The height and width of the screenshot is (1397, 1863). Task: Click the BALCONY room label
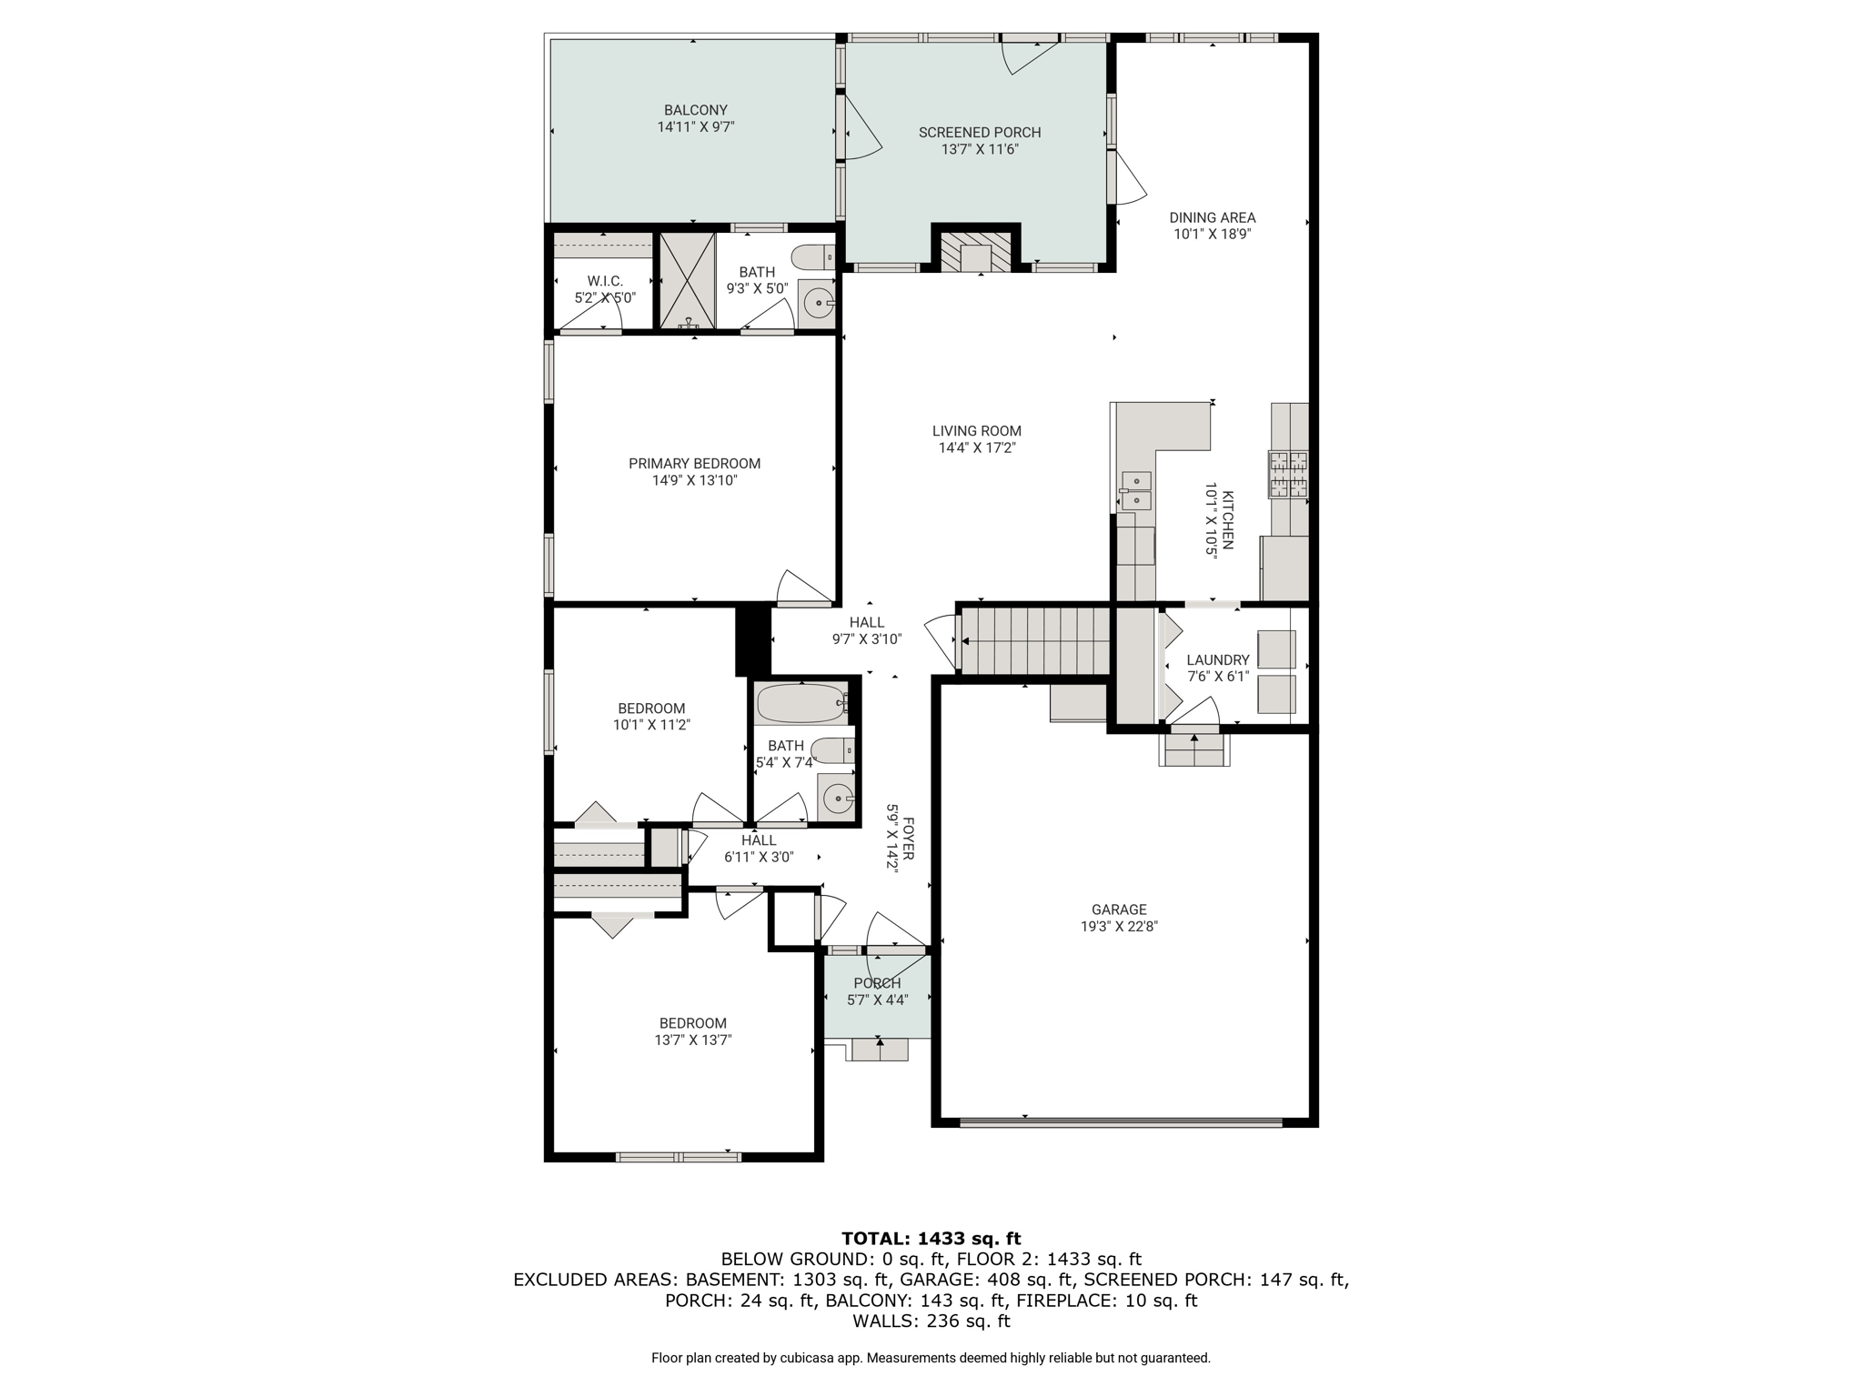click(x=696, y=111)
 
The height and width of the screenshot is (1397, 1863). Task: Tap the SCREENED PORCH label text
click(x=980, y=133)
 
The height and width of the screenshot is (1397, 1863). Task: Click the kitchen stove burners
click(x=1289, y=474)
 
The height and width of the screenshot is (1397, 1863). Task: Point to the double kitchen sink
click(x=1136, y=491)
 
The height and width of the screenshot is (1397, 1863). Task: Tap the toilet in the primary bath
click(x=813, y=258)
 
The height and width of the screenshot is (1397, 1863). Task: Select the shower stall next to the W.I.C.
click(x=688, y=281)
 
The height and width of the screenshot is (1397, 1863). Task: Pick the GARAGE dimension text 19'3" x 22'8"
click(x=1119, y=927)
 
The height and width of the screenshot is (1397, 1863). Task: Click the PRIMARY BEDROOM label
click(x=695, y=464)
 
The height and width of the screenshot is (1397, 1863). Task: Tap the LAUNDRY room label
click(x=1218, y=660)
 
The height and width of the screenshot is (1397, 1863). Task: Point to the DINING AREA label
click(x=1213, y=218)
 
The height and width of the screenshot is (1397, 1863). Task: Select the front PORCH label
click(x=878, y=983)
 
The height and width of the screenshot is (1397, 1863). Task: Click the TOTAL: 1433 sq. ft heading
click(x=931, y=1238)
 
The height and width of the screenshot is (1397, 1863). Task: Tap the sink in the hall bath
click(x=836, y=799)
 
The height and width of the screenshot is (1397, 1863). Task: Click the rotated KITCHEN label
click(x=1228, y=520)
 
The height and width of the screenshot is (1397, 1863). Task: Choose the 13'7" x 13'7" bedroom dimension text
click(x=693, y=1040)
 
